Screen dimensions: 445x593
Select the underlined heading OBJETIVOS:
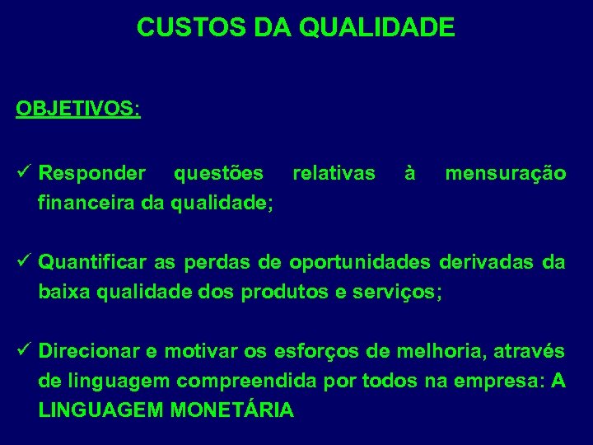[x=78, y=110]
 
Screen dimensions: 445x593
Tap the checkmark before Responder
[x=22, y=173]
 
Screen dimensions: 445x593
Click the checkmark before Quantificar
[x=22, y=263]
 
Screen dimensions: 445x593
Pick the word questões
[x=218, y=174]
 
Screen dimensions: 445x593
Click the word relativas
[x=334, y=174]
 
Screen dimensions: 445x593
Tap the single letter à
[x=409, y=174]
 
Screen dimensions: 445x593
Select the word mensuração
[x=505, y=174]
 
